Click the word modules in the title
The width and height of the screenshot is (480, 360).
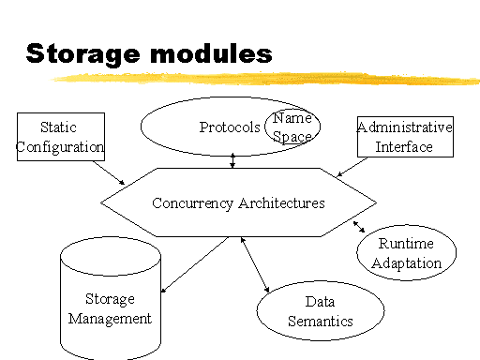tap(211, 53)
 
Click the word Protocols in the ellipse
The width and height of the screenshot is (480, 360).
tap(230, 127)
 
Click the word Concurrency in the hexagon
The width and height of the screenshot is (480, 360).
tap(192, 203)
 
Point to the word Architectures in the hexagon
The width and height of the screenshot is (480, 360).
tap(281, 203)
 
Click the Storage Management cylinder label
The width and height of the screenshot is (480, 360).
tap(110, 308)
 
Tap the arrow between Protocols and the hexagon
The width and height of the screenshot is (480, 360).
tap(232, 160)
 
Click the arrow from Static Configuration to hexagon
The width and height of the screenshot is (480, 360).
tap(109, 172)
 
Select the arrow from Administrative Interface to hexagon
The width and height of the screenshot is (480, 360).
tap(352, 167)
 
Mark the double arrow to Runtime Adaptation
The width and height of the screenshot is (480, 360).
tap(359, 227)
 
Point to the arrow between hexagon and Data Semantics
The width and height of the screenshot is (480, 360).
tap(255, 264)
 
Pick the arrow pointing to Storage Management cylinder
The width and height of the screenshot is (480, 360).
tap(195, 264)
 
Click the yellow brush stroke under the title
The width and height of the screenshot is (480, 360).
tap(265, 78)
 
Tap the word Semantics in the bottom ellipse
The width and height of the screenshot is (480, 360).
tap(321, 321)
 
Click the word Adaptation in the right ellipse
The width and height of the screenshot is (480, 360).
tap(406, 263)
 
